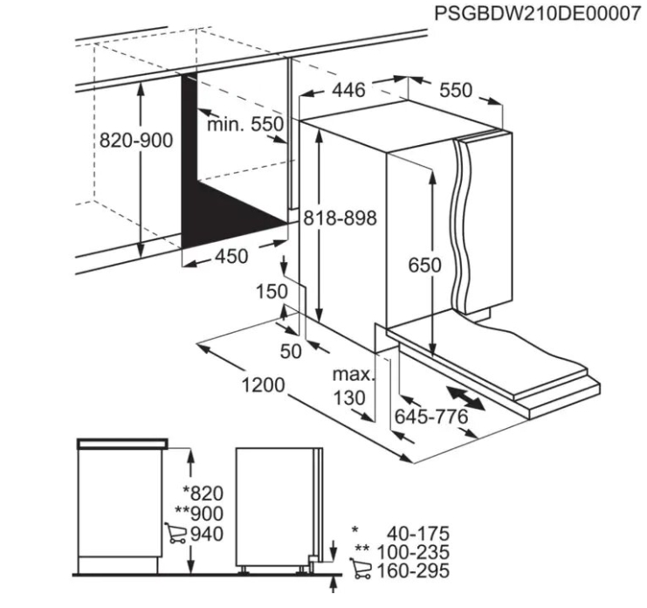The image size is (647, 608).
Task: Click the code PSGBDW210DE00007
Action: [x=538, y=14]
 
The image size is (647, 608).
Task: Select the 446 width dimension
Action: [x=348, y=90]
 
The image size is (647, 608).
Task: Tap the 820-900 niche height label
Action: [x=135, y=141]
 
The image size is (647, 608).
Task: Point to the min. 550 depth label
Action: [x=245, y=124]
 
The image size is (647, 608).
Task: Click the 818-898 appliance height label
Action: [x=340, y=218]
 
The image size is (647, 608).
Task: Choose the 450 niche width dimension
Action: [x=231, y=256]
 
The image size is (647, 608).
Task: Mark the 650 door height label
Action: [x=424, y=265]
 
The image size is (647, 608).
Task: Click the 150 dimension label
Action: [x=272, y=292]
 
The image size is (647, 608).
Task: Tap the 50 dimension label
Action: [x=291, y=351]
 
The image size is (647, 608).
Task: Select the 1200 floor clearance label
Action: [x=263, y=384]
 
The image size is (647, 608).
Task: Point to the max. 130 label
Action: [x=352, y=386]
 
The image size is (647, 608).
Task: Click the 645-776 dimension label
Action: [x=431, y=417]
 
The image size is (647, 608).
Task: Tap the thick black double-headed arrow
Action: [x=466, y=397]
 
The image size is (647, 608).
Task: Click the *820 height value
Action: [x=203, y=494]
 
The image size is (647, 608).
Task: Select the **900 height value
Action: [x=199, y=514]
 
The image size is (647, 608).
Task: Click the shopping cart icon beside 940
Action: [x=175, y=533]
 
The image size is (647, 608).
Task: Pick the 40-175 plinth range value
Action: [x=417, y=534]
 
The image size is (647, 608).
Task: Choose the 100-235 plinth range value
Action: [x=413, y=552]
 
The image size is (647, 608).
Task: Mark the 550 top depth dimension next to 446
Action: [x=455, y=90]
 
